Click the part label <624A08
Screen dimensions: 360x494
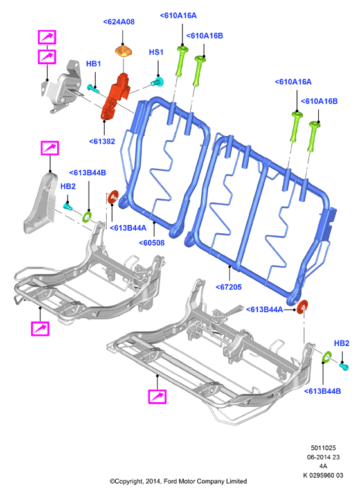coord(118,22)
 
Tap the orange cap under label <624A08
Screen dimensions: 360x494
coord(123,51)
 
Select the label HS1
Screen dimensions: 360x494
coord(156,52)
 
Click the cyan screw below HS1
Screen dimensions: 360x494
coord(157,82)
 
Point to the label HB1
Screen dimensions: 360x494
coord(94,64)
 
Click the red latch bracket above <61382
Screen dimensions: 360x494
coord(115,96)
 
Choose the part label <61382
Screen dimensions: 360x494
coord(102,141)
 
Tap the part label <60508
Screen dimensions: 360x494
coord(152,243)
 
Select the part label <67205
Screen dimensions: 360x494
coord(229,287)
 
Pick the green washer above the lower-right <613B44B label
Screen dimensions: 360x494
coord(327,357)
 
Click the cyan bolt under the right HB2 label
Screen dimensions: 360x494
coord(344,366)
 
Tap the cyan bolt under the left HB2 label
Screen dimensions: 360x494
coord(68,206)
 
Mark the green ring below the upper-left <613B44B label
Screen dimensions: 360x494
coord(87,216)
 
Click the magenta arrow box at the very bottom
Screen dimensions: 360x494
coord(157,396)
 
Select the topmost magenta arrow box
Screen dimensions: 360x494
coord(47,37)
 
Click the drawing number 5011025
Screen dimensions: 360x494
coord(323,448)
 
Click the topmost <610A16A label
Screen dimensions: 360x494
coord(178,15)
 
